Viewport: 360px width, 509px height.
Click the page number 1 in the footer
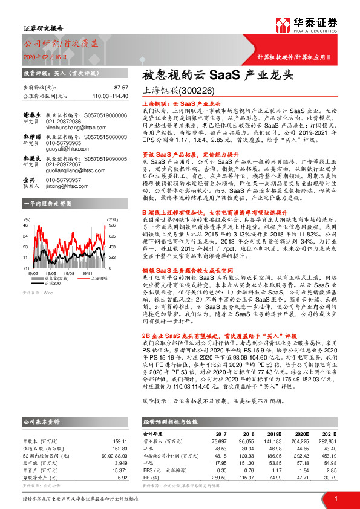[x=335, y=498]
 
